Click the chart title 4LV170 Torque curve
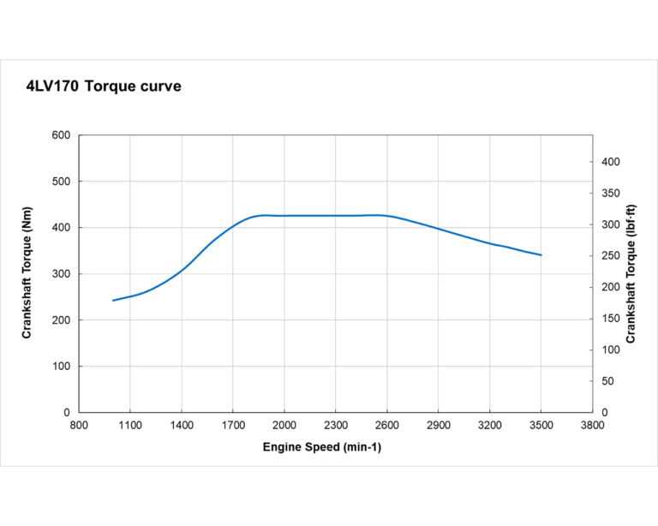(105, 87)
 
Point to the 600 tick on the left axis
(61, 135)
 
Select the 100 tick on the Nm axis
(61, 367)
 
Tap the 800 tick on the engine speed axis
(79, 426)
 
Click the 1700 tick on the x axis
(233, 426)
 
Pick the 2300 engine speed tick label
(336, 426)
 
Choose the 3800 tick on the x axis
(592, 426)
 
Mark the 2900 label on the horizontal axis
(439, 426)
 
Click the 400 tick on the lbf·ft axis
(609, 162)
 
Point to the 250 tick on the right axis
(609, 256)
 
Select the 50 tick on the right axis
(607, 381)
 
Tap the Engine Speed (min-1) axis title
(322, 448)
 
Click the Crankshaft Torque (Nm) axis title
(27, 274)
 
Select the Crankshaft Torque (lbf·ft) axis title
(631, 274)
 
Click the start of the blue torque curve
(113, 301)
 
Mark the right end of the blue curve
(541, 254)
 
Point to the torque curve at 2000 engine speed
(284, 216)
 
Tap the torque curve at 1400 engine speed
(182, 271)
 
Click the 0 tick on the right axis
(604, 413)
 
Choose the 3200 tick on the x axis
(490, 426)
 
